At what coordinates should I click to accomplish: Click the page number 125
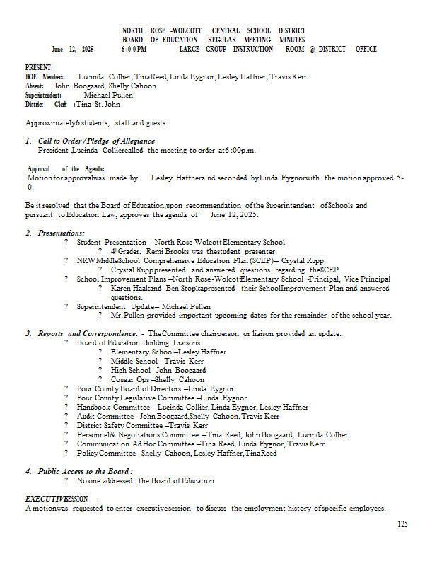402,524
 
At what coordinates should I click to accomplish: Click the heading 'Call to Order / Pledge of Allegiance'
96,141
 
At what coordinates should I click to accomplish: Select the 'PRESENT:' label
39,67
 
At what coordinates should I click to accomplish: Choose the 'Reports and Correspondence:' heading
88,334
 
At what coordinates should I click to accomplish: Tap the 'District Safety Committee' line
142,426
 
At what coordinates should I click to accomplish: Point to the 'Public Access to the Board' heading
86,471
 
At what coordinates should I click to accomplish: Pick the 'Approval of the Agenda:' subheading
66,169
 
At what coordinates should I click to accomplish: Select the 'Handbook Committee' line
192,408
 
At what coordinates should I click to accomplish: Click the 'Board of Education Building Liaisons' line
139,343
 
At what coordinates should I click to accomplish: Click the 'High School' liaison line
158,371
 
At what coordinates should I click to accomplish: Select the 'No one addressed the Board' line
146,481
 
